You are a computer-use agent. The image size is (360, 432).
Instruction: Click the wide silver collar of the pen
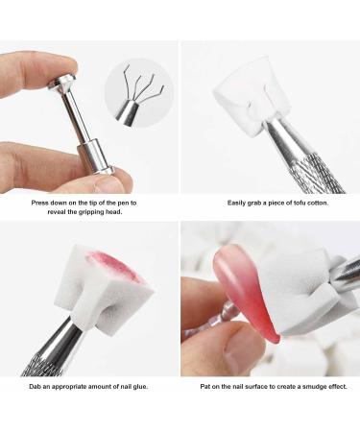(93, 154)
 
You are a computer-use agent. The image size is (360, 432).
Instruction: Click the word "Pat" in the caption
(199, 387)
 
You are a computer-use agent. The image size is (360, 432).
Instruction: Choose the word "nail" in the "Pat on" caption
(236, 387)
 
